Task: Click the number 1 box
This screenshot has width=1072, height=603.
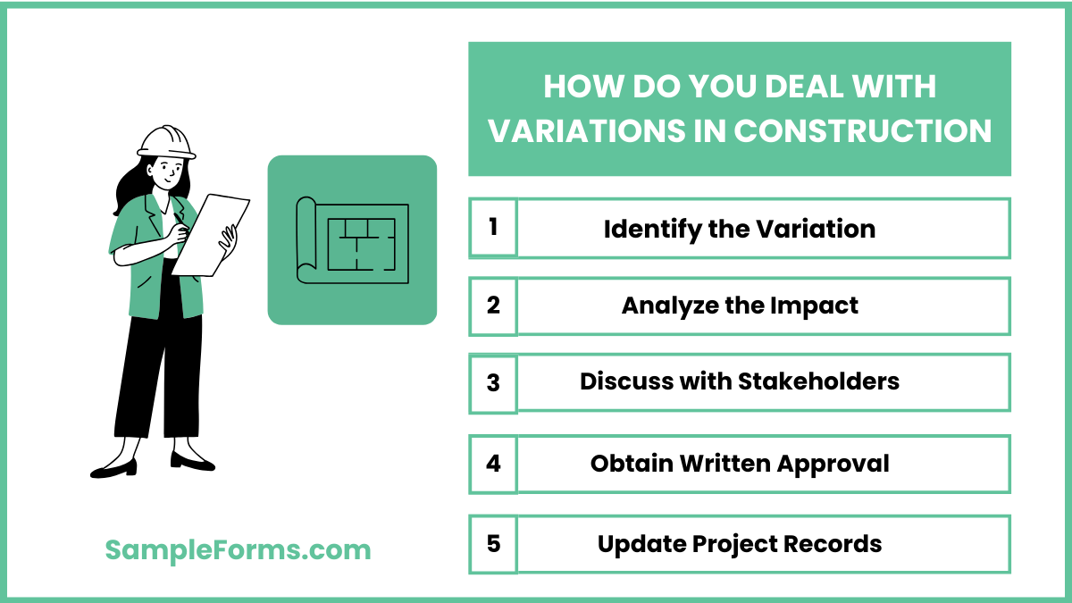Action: point(493,228)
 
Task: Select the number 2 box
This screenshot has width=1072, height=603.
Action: point(493,306)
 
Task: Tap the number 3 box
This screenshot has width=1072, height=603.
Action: point(493,383)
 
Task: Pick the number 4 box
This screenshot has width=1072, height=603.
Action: point(493,464)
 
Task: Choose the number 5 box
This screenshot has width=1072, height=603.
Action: point(493,543)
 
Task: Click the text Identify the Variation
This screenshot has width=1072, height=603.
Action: point(739,229)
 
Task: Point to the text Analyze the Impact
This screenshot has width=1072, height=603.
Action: point(739,306)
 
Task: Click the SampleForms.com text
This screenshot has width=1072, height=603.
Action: point(238,549)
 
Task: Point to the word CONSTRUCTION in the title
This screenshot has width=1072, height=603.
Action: point(863,131)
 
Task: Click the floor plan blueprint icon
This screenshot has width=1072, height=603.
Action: point(352,239)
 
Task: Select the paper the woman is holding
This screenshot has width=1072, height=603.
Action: point(211,234)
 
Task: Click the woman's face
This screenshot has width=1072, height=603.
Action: point(167,172)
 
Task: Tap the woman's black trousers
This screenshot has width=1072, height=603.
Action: point(158,375)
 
